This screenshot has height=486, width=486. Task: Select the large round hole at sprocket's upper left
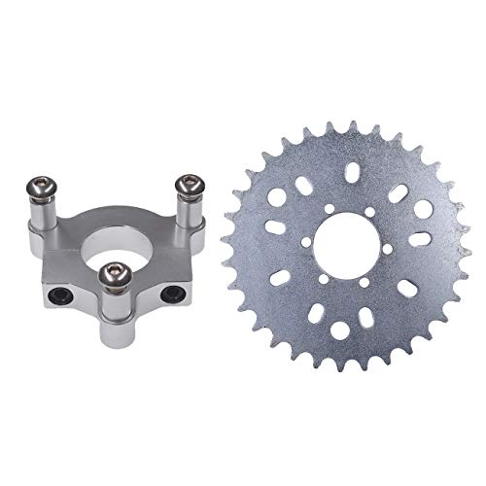pos(275,197)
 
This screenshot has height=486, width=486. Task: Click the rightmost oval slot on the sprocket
pos(419,238)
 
